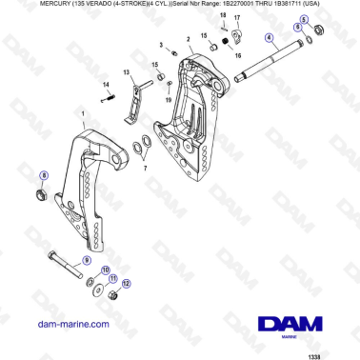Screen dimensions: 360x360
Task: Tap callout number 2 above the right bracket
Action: [x=189, y=39]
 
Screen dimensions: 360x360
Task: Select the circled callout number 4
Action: [x=270, y=38]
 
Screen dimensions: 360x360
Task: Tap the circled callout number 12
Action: [x=126, y=284]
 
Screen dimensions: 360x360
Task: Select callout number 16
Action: [x=237, y=56]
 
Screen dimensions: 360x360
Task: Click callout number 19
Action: [x=169, y=99]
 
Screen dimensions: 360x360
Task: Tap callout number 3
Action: [x=162, y=44]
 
